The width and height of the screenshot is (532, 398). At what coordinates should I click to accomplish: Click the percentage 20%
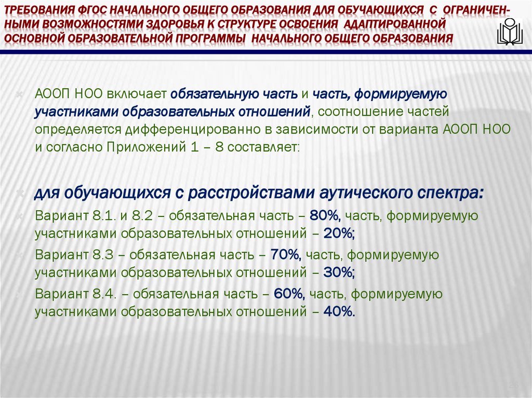click(338, 234)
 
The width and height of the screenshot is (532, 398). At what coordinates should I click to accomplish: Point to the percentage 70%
click(285, 254)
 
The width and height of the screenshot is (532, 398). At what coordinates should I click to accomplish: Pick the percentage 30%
click(338, 273)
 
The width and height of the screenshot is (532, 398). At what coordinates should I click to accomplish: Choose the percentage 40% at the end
click(339, 312)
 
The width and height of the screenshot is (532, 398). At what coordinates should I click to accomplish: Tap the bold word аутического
click(362, 194)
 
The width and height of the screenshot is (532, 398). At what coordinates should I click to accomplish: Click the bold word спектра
click(450, 194)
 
